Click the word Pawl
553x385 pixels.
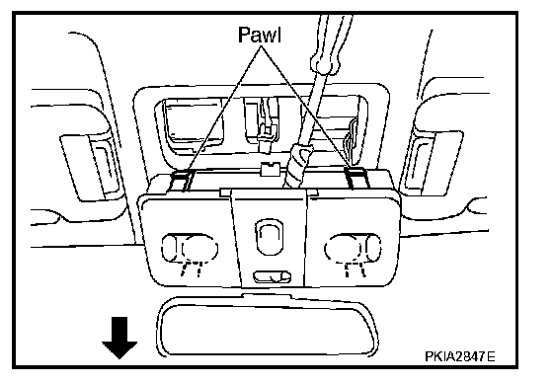click(260, 35)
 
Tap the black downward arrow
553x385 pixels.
click(119, 338)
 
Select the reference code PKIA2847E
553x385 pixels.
click(459, 356)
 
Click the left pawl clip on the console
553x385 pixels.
click(182, 180)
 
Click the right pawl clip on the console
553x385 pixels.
click(355, 177)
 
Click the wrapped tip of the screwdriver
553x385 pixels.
click(298, 167)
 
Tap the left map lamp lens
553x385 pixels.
click(190, 248)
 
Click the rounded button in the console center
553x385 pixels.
click(269, 236)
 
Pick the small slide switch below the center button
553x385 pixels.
click(272, 276)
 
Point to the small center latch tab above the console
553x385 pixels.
click(271, 169)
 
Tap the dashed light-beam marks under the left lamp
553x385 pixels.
click(192, 269)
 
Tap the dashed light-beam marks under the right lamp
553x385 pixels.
click(355, 269)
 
